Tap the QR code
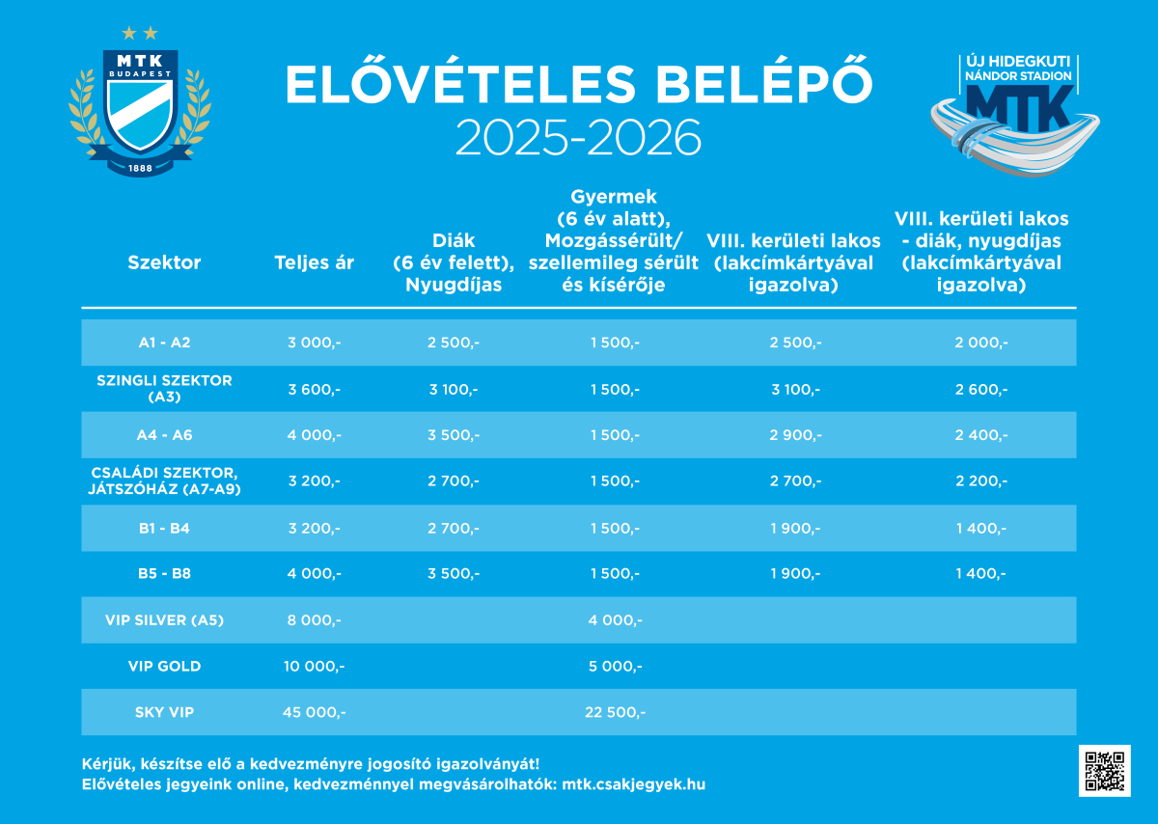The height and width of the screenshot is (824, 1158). [1105, 770]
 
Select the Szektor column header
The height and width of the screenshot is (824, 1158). [164, 262]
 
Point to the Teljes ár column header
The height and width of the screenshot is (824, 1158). [314, 262]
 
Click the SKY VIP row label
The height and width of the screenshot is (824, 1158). [164, 712]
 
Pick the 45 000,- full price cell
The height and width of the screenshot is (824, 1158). [314, 712]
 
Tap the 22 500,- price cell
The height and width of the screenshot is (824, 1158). [615, 712]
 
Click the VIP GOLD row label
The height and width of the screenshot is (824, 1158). [164, 666]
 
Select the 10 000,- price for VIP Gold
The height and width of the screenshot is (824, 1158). [314, 666]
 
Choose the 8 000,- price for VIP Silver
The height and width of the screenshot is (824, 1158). [314, 620]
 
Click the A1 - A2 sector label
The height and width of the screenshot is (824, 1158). [164, 343]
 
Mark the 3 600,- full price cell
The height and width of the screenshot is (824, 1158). [314, 389]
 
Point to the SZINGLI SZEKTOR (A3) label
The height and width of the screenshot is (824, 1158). [164, 388]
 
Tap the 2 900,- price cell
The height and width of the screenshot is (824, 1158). [795, 435]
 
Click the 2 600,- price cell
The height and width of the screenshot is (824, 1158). [980, 389]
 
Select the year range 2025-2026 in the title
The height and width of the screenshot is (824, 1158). [577, 138]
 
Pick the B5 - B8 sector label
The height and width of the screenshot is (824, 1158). [164, 574]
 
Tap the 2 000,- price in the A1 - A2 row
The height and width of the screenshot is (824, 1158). [980, 343]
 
